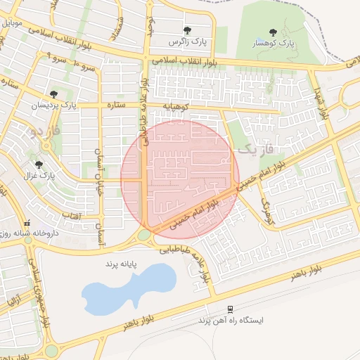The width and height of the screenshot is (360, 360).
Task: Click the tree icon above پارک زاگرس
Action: click(x=188, y=30)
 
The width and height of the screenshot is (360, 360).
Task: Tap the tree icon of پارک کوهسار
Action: click(x=273, y=32)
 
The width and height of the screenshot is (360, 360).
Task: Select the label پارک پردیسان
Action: click(x=52, y=105)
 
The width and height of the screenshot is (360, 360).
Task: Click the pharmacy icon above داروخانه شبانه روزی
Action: click(x=27, y=223)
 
